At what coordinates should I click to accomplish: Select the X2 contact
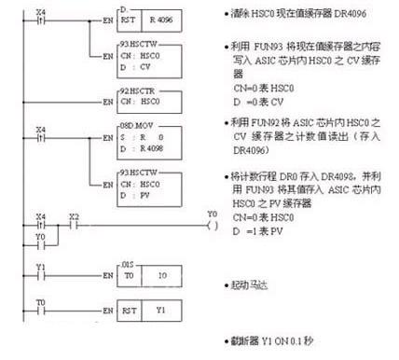coord(75,226)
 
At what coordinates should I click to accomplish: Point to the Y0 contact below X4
coord(39,246)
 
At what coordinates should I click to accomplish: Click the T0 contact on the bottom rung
coord(39,307)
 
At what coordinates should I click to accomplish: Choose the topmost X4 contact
coord(39,17)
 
